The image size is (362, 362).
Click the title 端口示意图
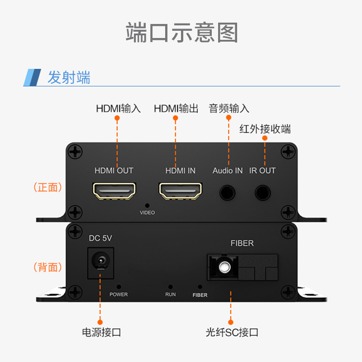pos(181,32)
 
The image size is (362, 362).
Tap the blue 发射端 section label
pos(69,77)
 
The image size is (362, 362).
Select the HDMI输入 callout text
pos(118,109)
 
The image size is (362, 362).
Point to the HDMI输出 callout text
pos(176,109)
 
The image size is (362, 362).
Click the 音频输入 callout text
pos(229,109)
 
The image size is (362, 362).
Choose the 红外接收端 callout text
pos(265,129)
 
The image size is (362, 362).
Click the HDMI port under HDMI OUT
pos(115,191)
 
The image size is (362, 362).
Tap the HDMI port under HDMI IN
pos(181,191)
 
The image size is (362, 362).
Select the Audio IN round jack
pos(228,192)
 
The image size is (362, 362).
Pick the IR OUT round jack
pos(262,192)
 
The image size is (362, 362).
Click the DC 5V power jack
pos(100,262)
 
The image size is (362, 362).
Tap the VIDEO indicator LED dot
pos(147,205)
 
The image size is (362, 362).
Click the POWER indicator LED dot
pos(119,286)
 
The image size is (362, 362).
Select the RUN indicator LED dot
pos(171,286)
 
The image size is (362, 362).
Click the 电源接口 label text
pos(101,333)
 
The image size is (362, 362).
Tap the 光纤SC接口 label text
pos(232,333)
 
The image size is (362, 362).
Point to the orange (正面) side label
pos(48,187)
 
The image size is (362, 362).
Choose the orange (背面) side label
pos(48,267)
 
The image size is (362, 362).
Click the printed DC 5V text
pos(100,238)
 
